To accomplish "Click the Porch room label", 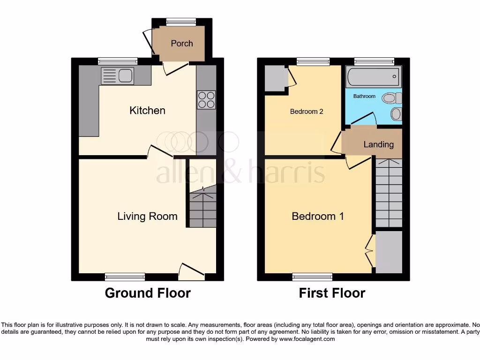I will tap(181, 43).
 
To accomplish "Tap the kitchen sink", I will tap(118, 75).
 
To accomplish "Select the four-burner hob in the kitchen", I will tap(206, 99).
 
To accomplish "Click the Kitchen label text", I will tap(147, 111).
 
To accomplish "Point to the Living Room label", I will tap(147, 216).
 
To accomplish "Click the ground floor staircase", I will tap(202, 207).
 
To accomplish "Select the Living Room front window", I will tap(125, 277).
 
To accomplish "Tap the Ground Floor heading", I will tap(148, 293).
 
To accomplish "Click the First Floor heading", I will tap(332, 293).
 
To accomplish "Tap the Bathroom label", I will tap(364, 96).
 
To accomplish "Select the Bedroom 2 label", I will tap(307, 112).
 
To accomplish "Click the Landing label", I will tap(378, 144).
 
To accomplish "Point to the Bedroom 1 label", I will tap(318, 216).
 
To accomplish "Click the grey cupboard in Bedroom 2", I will tap(275, 78).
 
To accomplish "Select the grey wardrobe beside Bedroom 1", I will tap(389, 252).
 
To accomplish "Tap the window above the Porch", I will tap(181, 22).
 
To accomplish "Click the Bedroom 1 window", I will tap(312, 277).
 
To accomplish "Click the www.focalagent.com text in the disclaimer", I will tap(307, 339).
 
